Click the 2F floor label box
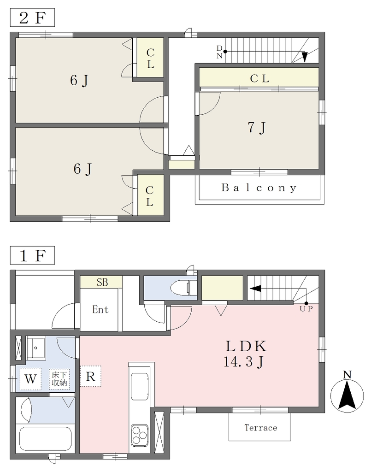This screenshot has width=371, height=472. (33, 18)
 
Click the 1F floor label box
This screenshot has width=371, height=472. (33, 255)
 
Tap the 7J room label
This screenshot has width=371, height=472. (257, 128)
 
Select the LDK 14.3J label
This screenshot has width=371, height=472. (245, 354)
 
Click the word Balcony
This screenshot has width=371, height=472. (259, 188)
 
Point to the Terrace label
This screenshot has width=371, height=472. (260, 428)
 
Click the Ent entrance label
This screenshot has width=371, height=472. (100, 309)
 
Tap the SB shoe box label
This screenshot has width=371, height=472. (102, 283)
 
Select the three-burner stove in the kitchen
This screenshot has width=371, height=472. (139, 435)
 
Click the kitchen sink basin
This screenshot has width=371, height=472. (140, 387)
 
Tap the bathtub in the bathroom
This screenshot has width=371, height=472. (45, 438)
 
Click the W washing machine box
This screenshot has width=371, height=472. (30, 379)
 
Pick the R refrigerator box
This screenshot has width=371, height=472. (91, 376)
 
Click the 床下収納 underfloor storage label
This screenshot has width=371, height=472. (59, 379)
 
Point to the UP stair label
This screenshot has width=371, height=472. (306, 309)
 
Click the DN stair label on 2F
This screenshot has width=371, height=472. (219, 52)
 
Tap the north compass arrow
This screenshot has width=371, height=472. (347, 395)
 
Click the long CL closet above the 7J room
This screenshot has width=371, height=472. (259, 77)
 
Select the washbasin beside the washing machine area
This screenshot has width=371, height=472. (36, 348)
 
